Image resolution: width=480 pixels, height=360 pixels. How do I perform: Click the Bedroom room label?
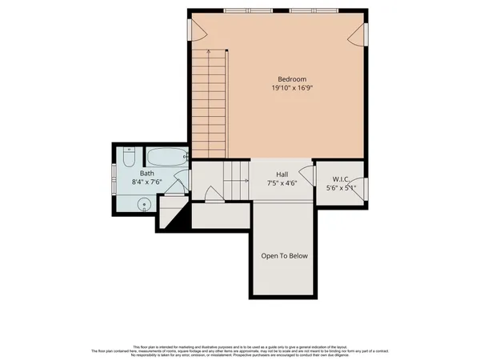pos(292,79)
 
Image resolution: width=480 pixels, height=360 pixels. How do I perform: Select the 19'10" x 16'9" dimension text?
pos(292,90)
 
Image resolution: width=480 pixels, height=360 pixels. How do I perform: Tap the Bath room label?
pos(147,173)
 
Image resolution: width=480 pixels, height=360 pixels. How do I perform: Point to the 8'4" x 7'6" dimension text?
pos(147,182)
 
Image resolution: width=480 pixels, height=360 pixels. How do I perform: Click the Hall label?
pos(282,173)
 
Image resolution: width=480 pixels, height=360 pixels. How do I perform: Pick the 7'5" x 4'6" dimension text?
pos(282,182)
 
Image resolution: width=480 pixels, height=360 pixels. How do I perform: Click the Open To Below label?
pos(284,257)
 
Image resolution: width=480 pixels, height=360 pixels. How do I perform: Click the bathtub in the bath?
pos(166,157)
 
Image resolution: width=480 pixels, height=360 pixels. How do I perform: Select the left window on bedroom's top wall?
pos(237,10)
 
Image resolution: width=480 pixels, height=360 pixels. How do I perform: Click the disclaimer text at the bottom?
pos(240,348)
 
